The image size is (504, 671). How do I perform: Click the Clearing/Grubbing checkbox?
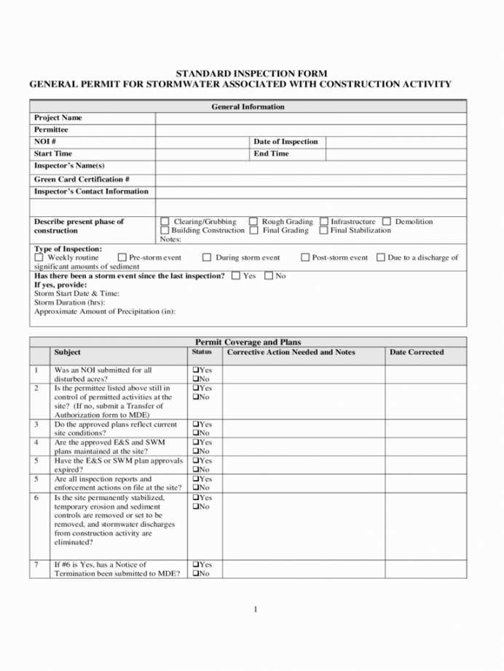(165, 221)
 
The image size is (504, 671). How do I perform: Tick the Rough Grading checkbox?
(253, 221)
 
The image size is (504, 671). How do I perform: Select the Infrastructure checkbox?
(324, 221)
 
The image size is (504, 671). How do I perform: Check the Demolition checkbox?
(387, 221)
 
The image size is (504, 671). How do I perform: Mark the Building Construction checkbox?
(165, 231)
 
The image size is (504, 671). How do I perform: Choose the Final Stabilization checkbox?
(324, 231)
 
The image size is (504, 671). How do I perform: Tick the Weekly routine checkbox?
(39, 258)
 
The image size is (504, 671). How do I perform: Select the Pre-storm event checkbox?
(122, 258)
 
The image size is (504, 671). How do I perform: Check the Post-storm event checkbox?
(305, 258)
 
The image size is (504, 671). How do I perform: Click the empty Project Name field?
(310, 118)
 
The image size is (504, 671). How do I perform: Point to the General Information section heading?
(248, 107)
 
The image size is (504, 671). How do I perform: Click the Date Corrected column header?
(417, 352)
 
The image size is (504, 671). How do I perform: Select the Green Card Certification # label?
(82, 179)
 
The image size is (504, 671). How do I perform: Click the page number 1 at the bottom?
(256, 608)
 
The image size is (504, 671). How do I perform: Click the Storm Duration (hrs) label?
(69, 302)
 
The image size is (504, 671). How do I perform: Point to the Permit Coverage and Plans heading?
(248, 342)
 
